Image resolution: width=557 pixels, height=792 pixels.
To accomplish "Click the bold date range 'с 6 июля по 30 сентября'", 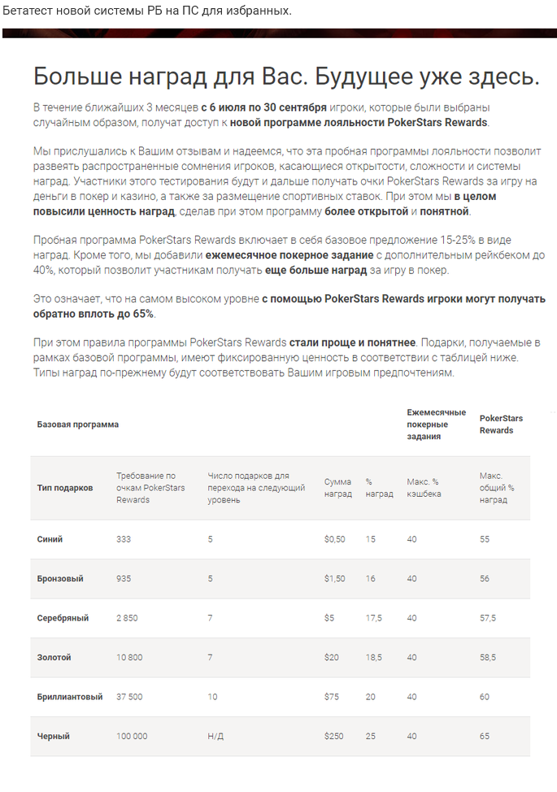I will point(263,108).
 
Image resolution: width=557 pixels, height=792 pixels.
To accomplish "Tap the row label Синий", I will point(50,539).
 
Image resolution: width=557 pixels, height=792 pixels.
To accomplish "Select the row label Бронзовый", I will point(60,578).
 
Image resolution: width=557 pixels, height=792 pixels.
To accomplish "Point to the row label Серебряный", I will point(63,618).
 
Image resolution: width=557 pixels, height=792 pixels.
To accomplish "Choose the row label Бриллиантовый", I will point(70,697).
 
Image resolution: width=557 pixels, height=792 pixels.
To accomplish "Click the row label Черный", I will point(54,736).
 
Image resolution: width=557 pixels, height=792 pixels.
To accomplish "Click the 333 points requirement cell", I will point(124,539).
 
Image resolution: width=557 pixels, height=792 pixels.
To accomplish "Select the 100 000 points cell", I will point(133,736).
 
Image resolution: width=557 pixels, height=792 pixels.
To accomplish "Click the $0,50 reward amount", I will point(334,539).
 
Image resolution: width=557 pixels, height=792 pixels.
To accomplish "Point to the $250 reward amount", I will point(334,736).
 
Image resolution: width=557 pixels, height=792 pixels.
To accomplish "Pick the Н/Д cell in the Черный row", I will point(215,736).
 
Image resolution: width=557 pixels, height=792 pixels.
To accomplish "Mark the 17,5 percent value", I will point(374,618).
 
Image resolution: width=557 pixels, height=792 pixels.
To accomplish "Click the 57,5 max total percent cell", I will point(488,618).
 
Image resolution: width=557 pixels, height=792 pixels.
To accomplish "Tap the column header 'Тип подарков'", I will point(65,488).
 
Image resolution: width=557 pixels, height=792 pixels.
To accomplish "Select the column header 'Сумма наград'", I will point(338,488).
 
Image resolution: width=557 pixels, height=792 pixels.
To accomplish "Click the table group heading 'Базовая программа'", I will point(78,424).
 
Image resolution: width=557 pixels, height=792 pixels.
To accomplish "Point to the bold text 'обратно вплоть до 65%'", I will point(94,314).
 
